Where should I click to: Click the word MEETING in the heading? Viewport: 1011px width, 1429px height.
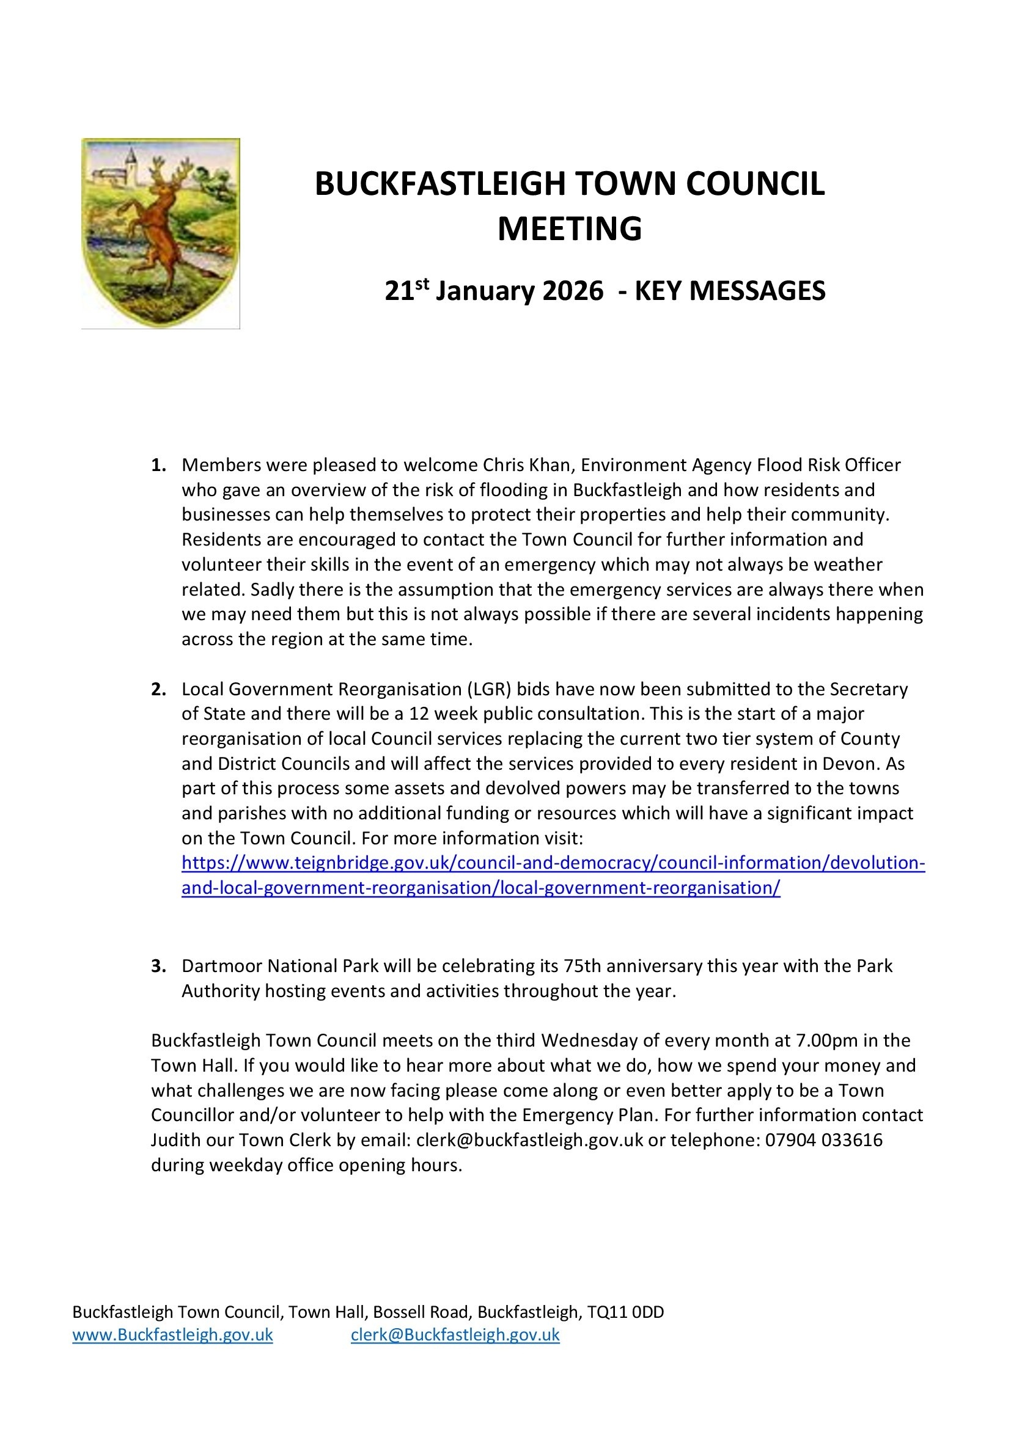coord(569,228)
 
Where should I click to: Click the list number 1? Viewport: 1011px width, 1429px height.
coord(158,465)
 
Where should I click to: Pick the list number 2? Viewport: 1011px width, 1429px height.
coord(158,689)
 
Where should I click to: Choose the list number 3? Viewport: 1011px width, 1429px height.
coord(158,966)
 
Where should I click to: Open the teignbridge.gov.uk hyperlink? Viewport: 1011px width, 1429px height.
coord(553,863)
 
